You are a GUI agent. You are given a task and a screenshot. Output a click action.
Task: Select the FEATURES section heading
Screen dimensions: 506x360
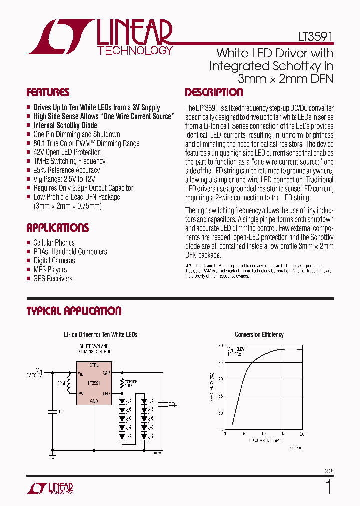pos(48,92)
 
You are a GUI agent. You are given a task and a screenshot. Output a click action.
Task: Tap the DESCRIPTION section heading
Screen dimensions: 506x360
pos(214,92)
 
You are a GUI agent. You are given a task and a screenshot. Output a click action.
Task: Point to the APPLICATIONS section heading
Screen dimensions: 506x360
pos(58,228)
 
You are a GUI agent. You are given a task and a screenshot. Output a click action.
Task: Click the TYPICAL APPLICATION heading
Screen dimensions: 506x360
pos(74,311)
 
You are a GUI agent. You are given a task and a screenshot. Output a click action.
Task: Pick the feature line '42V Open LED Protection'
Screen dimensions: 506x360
pos(67,152)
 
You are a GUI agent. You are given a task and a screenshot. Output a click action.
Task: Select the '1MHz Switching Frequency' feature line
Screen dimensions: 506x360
pos(69,161)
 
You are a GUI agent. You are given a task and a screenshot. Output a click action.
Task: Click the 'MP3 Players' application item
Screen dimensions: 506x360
pos(50,270)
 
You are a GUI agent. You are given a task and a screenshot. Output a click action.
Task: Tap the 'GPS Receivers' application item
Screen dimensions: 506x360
pos(53,279)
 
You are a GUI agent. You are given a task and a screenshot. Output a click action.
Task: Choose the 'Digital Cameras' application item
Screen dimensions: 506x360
pos(54,261)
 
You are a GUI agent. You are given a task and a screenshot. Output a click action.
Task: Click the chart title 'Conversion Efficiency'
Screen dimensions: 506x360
pos(259,335)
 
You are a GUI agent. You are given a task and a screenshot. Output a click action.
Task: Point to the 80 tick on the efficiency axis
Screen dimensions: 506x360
pos(220,346)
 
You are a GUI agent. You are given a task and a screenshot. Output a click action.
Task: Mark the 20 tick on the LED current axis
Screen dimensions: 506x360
pos(302,434)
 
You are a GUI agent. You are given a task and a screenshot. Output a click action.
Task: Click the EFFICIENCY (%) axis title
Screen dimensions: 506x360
pos(212,387)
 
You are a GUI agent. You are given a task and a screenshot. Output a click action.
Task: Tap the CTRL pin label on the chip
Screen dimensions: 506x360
pos(94,365)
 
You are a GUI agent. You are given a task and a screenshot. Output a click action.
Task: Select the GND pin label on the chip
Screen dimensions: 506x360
pos(94,401)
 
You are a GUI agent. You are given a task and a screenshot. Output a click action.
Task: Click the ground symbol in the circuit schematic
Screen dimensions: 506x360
pos(52,456)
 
